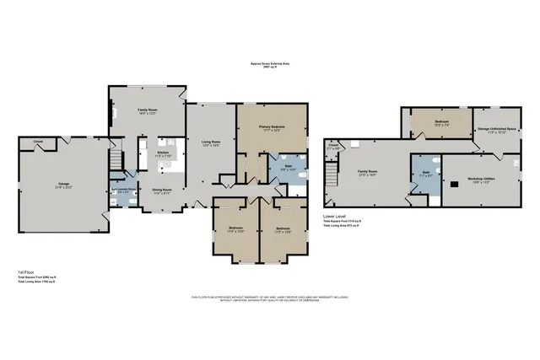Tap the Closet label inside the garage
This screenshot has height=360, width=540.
tap(39, 141)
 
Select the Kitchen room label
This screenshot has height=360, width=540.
tap(164, 153)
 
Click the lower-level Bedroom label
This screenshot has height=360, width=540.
tap(441, 122)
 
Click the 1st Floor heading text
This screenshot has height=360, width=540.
tap(26, 271)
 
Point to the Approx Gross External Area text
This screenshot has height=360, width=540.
tap(272, 62)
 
